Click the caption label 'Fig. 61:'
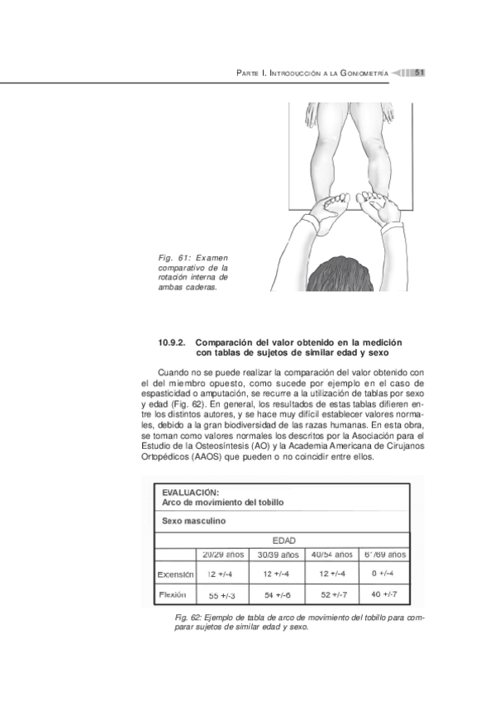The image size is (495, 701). (x=171, y=259)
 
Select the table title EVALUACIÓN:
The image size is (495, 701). (x=190, y=494)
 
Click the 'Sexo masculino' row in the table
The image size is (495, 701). (x=194, y=522)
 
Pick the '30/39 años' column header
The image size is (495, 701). (x=278, y=554)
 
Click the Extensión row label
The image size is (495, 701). (x=175, y=574)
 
